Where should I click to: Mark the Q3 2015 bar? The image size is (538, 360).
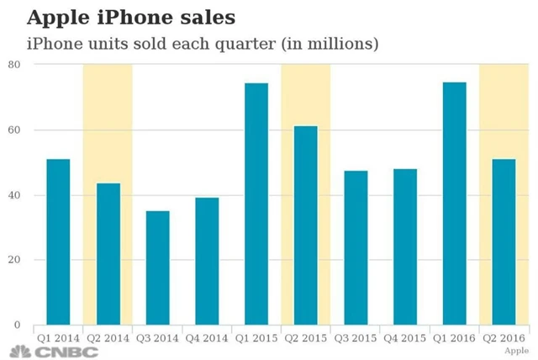(356, 248)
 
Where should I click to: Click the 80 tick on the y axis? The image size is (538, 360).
(14, 65)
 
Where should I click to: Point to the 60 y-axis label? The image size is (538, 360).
(14, 130)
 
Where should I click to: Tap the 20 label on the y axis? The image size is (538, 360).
(14, 260)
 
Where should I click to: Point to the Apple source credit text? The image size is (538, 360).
(516, 349)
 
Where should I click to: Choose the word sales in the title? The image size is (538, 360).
(205, 18)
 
